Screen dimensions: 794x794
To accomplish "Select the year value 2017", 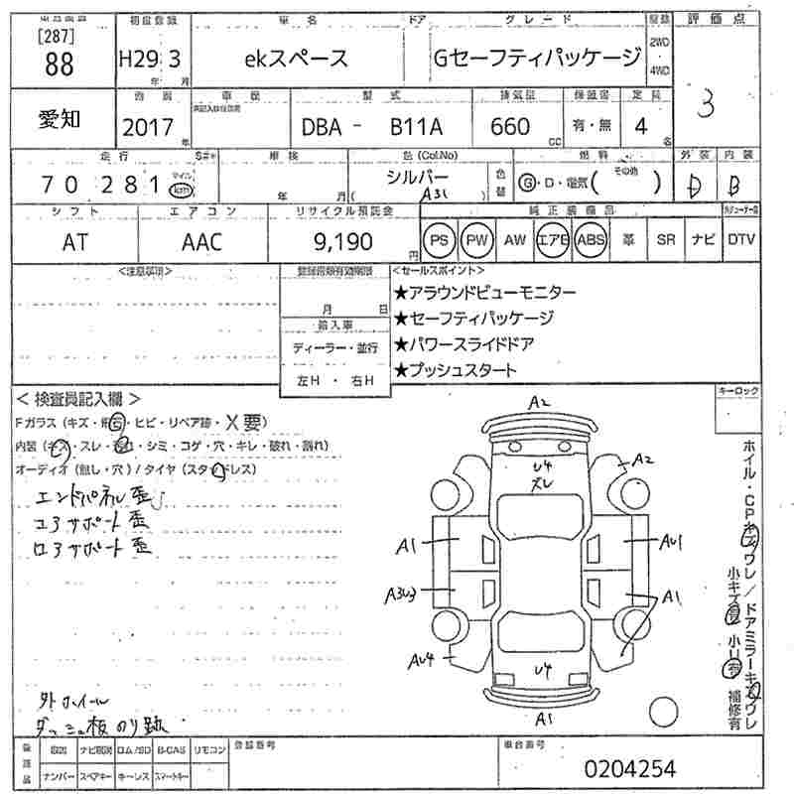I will click(x=146, y=127).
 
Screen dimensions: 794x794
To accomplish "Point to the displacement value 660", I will click(x=509, y=126).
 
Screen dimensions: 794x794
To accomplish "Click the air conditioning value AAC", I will click(x=201, y=240).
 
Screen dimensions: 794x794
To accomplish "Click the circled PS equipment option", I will click(x=440, y=240).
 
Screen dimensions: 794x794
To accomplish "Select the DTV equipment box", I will click(x=740, y=240).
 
